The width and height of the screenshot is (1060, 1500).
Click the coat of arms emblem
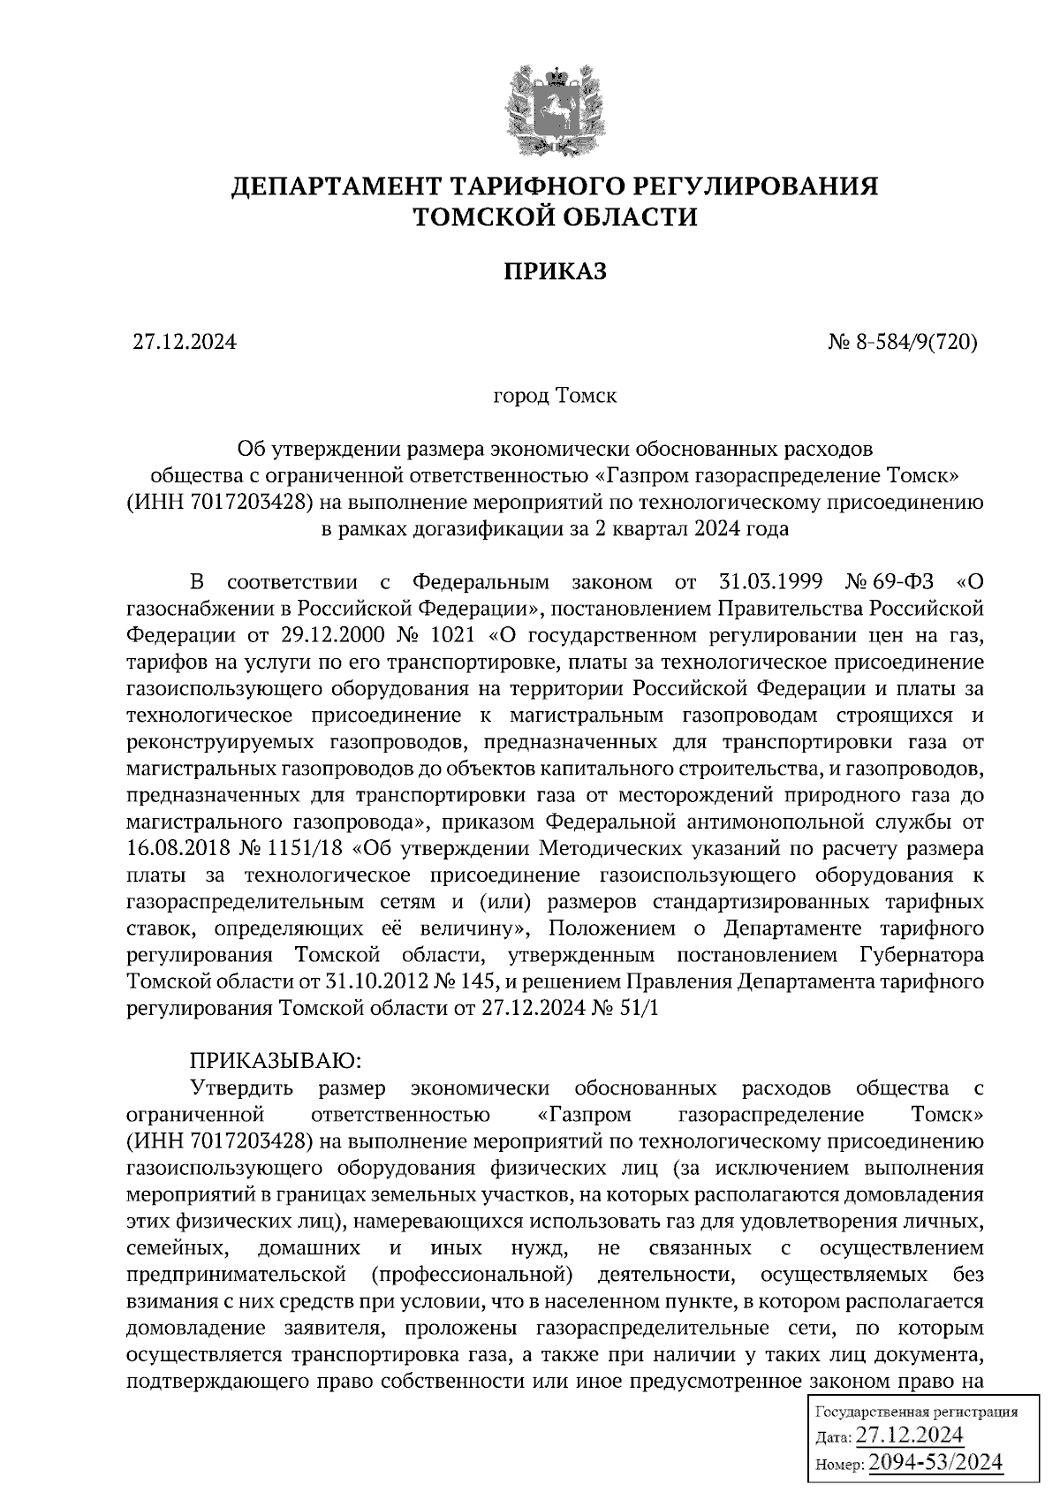point(555,110)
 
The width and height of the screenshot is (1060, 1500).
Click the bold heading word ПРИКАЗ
point(555,271)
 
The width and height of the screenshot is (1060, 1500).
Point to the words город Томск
point(554,395)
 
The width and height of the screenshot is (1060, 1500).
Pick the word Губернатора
point(921,955)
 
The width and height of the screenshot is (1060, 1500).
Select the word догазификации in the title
point(469,529)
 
